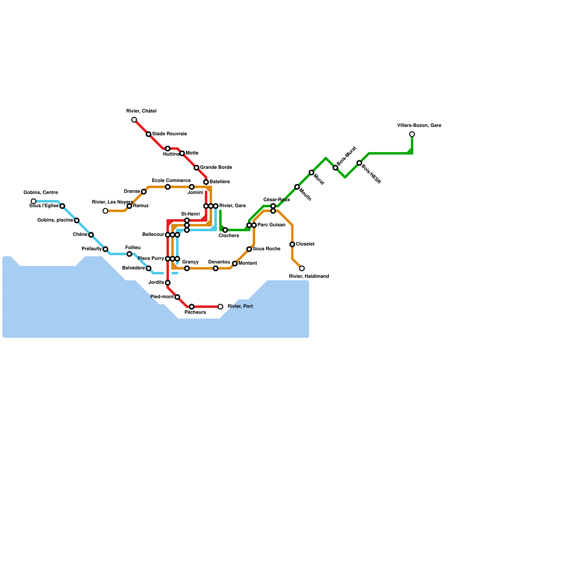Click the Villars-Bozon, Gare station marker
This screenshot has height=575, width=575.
click(412, 134)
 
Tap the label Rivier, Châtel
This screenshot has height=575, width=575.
click(141, 111)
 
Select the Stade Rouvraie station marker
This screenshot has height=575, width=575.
click(148, 134)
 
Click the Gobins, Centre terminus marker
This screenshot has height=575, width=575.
click(33, 201)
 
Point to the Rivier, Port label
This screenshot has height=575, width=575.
click(240, 307)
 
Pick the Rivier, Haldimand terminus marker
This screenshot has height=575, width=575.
click(302, 268)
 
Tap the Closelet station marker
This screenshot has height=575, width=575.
click(292, 244)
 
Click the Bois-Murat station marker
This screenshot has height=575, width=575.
click(335, 168)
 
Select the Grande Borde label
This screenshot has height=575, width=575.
click(216, 167)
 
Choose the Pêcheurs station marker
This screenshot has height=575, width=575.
click(192, 307)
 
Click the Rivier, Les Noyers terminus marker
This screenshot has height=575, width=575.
click(105, 211)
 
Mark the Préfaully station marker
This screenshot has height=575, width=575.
click(105, 249)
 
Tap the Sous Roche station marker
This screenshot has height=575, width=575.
click(249, 249)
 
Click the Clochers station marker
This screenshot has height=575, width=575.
click(225, 230)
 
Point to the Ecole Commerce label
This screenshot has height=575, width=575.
click(171, 181)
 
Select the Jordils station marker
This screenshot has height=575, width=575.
click(167, 283)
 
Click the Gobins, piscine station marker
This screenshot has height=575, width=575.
click(77, 220)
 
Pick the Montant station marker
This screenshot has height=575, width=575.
click(235, 264)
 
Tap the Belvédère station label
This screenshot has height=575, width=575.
click(133, 268)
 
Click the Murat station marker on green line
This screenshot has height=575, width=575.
click(311, 172)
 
